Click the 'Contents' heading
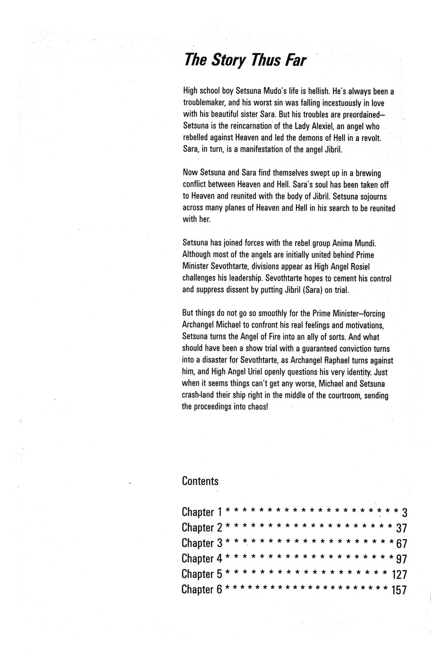tap(200, 481)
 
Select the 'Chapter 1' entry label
tap(201, 512)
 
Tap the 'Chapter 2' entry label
tap(201, 528)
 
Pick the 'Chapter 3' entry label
tap(201, 543)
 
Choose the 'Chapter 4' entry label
tap(201, 559)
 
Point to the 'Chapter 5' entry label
tap(201, 574)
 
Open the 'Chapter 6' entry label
tap(201, 590)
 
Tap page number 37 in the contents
tap(401, 528)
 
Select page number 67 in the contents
tap(401, 544)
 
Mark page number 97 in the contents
tap(401, 559)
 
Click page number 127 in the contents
tap(399, 575)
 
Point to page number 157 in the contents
tap(399, 590)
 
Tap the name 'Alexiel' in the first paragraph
tap(322, 126)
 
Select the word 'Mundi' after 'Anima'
tap(365, 243)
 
